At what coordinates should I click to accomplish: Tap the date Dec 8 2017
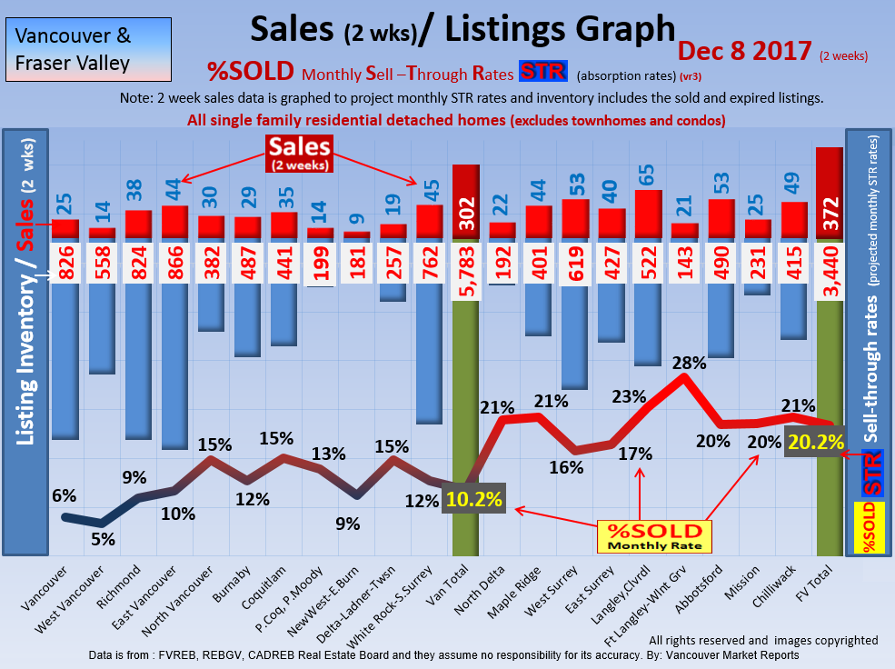click(x=744, y=51)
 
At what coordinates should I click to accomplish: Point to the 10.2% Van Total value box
click(x=472, y=499)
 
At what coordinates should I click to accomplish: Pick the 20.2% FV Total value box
click(x=815, y=443)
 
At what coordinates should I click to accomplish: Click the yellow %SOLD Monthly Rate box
click(x=654, y=535)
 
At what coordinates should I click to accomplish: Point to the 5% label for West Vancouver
click(x=102, y=539)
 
